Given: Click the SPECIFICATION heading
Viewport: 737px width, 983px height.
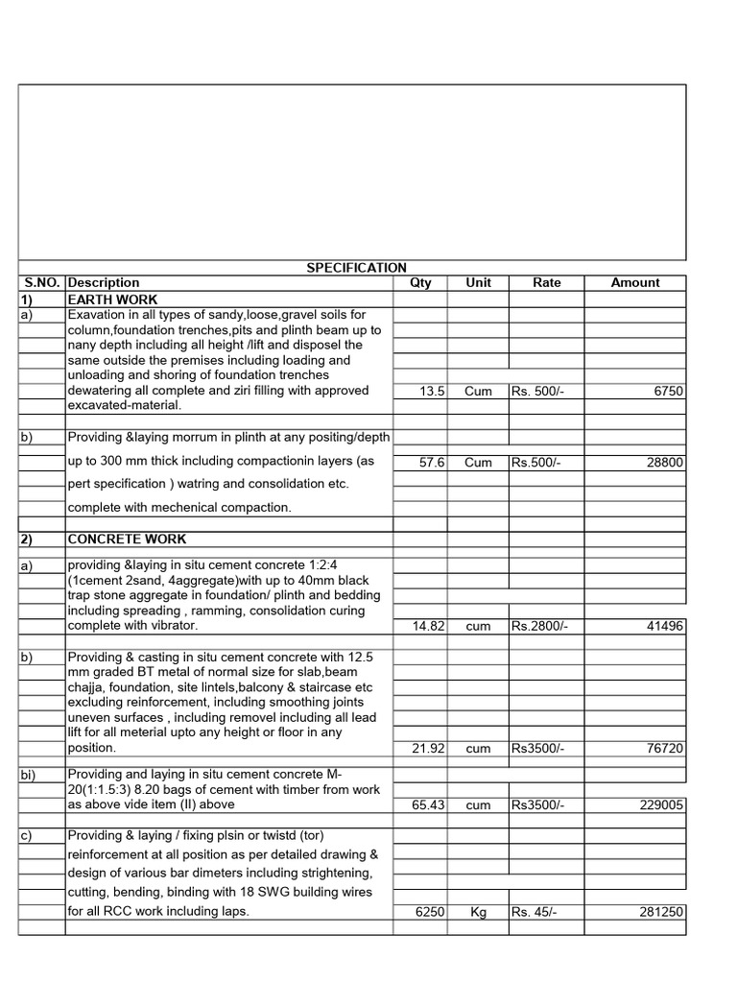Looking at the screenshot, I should click(356, 268).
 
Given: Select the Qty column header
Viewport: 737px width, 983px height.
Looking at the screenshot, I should click(420, 283).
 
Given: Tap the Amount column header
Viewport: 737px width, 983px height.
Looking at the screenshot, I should click(634, 283).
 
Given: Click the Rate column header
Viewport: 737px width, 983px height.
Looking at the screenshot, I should click(547, 283).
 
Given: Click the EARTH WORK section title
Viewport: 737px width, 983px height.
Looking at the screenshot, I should click(105, 300).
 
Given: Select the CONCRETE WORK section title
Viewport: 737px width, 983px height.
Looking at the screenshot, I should click(127, 539).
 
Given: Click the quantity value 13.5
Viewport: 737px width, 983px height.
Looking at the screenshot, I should click(430, 392).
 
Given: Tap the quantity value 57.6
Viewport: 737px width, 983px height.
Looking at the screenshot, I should click(430, 463).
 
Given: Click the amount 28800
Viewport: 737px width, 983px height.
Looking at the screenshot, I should click(664, 463).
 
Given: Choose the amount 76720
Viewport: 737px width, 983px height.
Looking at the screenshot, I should click(664, 749).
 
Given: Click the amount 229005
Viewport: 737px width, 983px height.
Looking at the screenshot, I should click(661, 805).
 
